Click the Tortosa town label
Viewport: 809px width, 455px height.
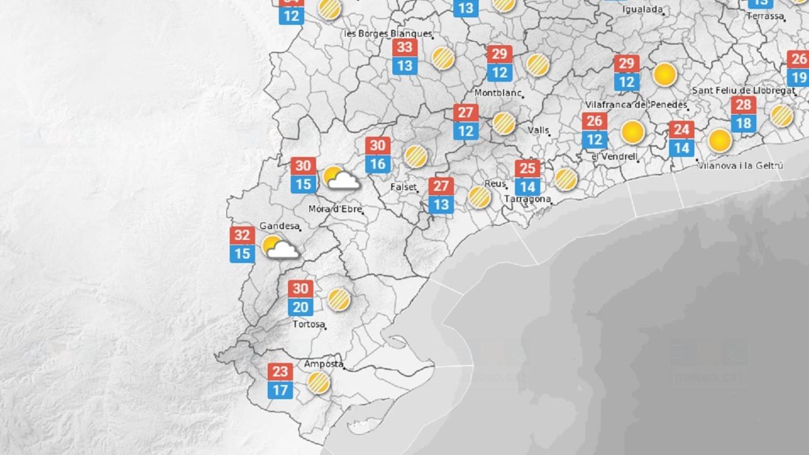pos(307,324)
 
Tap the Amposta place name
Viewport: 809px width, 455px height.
pos(323,363)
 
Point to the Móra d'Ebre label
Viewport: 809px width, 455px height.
pos(335,209)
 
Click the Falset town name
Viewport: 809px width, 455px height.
pos(403,187)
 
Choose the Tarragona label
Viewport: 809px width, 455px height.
pos(529,200)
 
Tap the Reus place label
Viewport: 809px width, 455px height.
pos(495,183)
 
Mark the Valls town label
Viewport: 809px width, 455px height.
pos(538,130)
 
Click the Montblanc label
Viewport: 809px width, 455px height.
pos(499,92)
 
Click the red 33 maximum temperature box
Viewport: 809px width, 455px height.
pos(404,48)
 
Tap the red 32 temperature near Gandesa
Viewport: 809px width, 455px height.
pos(242,236)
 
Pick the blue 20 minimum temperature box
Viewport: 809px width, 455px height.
pos(300,307)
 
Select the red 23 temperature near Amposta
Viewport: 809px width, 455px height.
pos(280,371)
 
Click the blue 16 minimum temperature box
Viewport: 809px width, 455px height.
pos(378,163)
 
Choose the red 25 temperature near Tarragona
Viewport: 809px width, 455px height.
pos(527,169)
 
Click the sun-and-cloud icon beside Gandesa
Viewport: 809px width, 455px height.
pos(280,247)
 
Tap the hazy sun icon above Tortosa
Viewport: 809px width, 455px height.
pos(338,299)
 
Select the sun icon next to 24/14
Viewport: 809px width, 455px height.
pos(719,140)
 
